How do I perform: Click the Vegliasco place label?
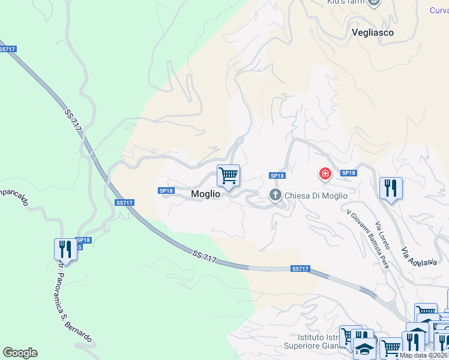pos(373,33)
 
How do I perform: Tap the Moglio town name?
pos(205,194)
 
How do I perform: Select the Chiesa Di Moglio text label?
pos(316,196)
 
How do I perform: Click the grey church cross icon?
pos(276,194)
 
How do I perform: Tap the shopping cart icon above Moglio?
pos(228,176)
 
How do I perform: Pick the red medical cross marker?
pos(325,174)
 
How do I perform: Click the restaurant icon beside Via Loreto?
pos(391,188)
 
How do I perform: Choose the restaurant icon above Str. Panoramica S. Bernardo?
pos(65,249)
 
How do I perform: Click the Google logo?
pos(20,353)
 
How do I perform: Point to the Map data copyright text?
pos(424,355)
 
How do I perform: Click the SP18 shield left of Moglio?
pos(166,191)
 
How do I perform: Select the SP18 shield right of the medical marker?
pos(348,173)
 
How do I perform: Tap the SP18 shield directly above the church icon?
pos(277,176)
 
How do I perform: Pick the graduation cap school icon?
pos(364,347)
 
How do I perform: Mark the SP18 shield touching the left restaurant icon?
pos(83,240)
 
